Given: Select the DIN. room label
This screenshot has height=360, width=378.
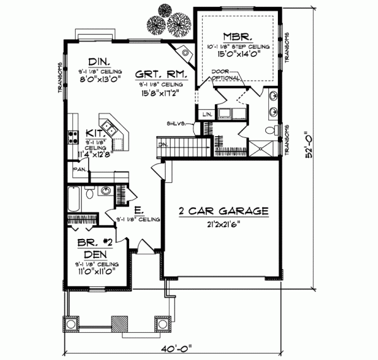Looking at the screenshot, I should click(x=100, y=61).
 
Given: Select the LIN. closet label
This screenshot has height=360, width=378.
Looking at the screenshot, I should click(x=207, y=113).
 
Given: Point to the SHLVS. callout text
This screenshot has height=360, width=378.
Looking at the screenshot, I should click(x=176, y=123).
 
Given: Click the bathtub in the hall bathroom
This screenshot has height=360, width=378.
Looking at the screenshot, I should click(x=72, y=201).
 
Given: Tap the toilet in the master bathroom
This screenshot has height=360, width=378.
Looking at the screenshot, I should click(x=270, y=131).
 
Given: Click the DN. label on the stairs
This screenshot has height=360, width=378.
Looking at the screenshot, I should click(x=162, y=144).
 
